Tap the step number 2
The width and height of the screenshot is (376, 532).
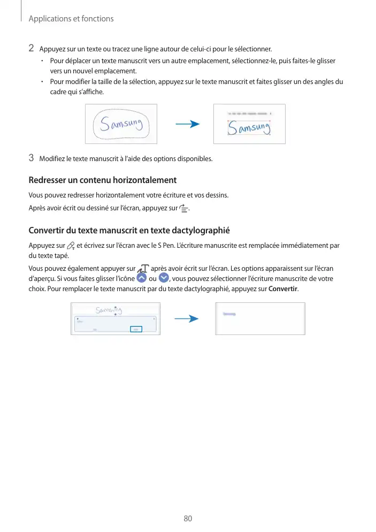[32, 49]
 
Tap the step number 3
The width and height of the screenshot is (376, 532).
[32, 158]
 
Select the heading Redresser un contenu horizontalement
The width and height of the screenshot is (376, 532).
[102, 180]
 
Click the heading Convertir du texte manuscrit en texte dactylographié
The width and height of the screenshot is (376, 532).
[129, 231]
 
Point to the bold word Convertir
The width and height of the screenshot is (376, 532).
[283, 290]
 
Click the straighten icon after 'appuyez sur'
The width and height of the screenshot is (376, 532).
[185, 209]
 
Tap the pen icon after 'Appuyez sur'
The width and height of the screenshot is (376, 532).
[71, 246]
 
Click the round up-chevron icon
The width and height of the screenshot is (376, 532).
[141, 279]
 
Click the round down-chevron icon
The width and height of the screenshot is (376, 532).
[164, 279]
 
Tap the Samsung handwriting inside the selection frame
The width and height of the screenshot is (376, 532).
[249, 128]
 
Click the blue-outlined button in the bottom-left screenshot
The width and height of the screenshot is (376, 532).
[137, 329]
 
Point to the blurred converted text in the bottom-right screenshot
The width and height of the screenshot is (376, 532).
[229, 314]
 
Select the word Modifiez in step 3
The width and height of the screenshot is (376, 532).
[52, 158]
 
